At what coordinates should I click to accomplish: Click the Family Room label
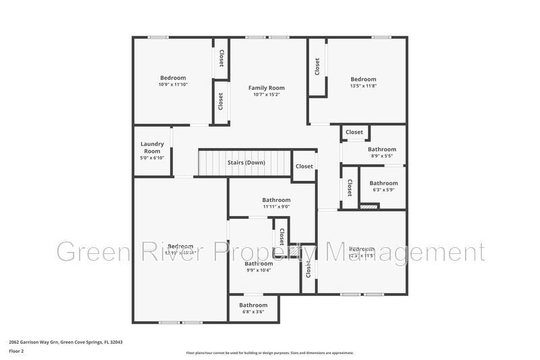[x=266, y=88]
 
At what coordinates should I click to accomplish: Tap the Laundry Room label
[x=152, y=147]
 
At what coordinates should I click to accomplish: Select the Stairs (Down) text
[x=246, y=163]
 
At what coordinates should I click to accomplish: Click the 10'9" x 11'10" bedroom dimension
[x=173, y=85]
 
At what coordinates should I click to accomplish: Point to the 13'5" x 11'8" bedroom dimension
[x=363, y=86]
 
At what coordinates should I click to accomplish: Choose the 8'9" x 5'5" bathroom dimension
[x=381, y=156]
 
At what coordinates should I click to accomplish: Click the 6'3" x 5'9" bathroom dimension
[x=383, y=190]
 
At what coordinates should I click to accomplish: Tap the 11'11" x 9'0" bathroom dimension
[x=276, y=207]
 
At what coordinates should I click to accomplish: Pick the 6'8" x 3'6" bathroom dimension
[x=253, y=312]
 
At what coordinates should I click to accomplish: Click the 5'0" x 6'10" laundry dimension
[x=152, y=157]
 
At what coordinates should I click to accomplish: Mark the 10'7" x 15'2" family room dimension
[x=266, y=95]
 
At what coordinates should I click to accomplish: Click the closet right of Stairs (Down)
[x=304, y=166]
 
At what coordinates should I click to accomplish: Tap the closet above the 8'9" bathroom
[x=354, y=132]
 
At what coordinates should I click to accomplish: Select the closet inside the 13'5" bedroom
[x=317, y=66]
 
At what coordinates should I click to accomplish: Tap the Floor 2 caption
[x=17, y=352]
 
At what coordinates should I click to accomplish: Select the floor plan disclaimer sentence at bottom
[x=269, y=353]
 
